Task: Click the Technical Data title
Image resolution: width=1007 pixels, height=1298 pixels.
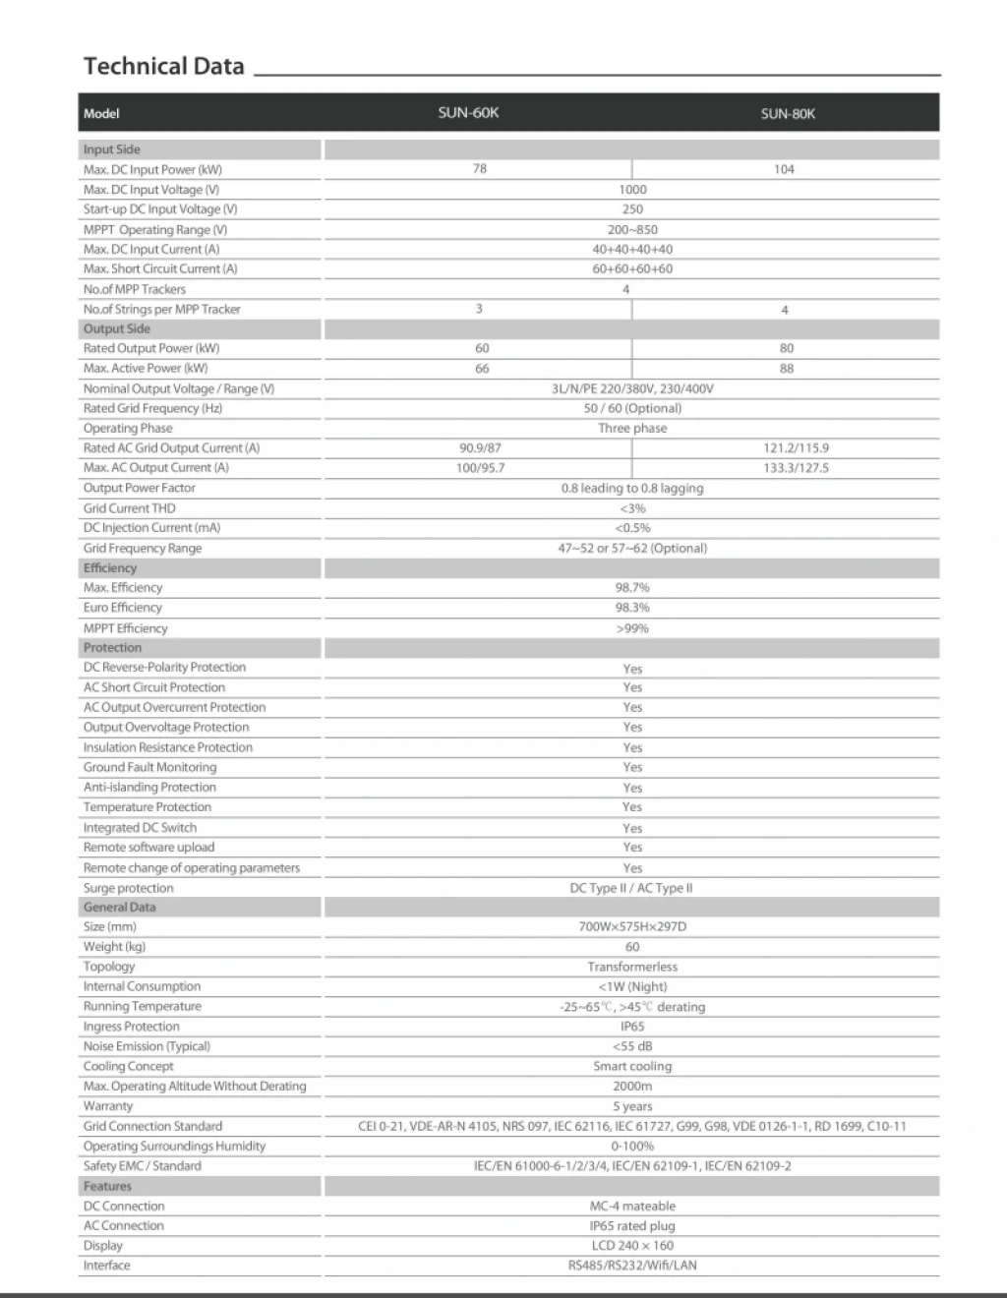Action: pos(163,66)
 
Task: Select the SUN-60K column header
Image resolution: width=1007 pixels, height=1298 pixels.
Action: pos(468,112)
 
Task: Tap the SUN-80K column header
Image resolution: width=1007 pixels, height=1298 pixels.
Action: pos(788,113)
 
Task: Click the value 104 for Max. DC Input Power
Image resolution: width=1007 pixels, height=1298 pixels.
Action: pos(784,169)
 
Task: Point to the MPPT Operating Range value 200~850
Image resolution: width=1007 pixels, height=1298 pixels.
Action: pos(632,229)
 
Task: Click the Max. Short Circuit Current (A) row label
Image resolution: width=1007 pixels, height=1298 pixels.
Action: pos(160,268)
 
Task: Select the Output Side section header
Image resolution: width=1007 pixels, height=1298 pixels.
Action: pos(117,328)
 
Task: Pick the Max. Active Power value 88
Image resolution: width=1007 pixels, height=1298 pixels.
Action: pos(787,369)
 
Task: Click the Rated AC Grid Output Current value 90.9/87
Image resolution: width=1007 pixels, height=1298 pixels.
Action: pos(480,447)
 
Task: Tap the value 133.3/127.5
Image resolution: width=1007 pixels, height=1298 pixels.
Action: pos(796,468)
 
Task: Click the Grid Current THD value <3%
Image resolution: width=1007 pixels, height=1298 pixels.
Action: pos(632,508)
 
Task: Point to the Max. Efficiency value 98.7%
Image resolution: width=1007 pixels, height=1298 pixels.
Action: pos(632,587)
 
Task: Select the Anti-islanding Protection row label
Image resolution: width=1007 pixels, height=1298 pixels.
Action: pos(149,787)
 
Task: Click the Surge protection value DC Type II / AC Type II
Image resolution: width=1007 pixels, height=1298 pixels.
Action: pos(631,887)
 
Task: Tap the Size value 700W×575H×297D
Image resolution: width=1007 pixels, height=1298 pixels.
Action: pos(632,926)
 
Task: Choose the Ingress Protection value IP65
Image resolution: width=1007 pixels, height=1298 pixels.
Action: pos(632,1026)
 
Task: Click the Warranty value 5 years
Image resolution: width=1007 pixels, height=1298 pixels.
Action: pos(632,1106)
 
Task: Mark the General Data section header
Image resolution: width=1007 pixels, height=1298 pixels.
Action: pos(119,907)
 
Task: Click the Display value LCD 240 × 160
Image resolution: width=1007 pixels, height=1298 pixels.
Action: pos(632,1245)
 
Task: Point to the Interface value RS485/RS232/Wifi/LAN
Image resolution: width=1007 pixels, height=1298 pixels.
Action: pos(632,1266)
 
